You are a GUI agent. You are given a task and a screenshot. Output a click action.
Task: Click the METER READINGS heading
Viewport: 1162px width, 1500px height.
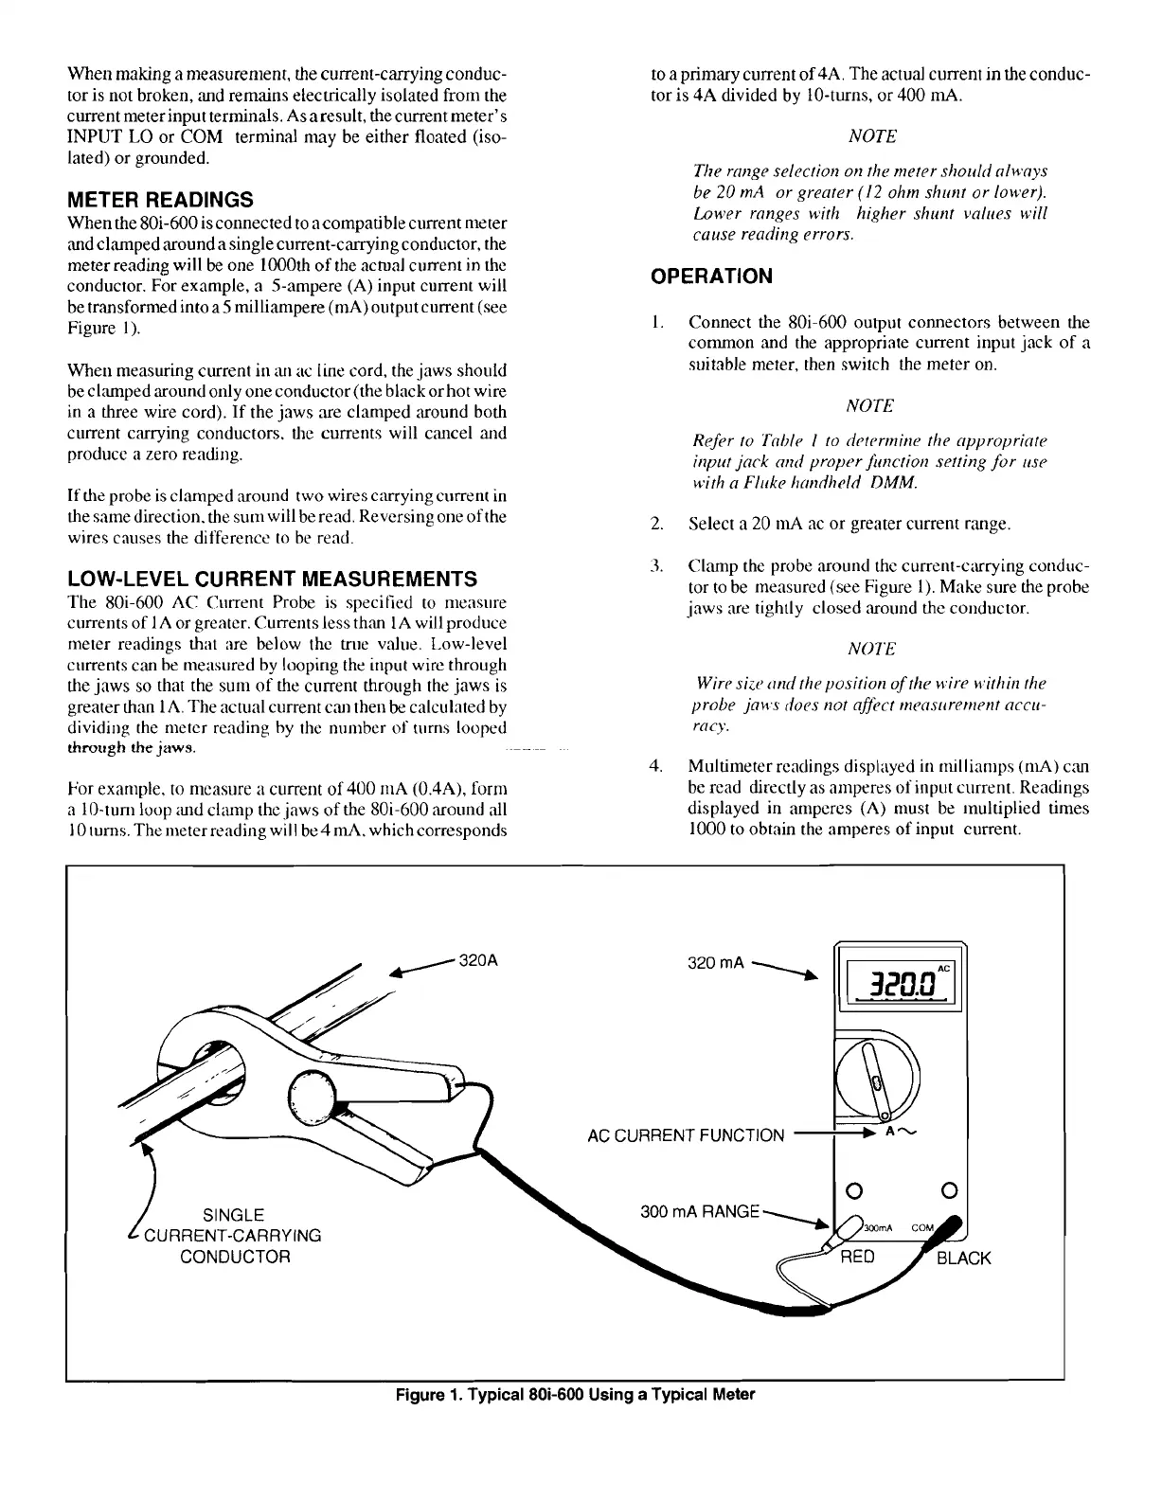point(160,200)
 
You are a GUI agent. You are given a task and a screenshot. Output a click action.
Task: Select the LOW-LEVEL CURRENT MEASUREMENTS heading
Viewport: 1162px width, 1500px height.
point(273,580)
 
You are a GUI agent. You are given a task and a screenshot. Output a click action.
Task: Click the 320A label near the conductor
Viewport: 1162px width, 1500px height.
point(478,958)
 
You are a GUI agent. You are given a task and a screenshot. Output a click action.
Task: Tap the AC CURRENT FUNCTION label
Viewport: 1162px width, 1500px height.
point(686,1135)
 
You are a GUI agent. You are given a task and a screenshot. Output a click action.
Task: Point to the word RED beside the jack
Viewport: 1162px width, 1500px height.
point(859,1257)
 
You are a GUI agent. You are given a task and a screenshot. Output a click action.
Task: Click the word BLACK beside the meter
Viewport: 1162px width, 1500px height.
point(963,1258)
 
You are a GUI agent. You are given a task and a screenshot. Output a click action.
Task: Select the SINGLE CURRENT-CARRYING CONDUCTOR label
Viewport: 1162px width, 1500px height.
point(234,1235)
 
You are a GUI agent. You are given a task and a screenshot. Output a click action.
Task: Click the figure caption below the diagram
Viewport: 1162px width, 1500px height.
point(576,1394)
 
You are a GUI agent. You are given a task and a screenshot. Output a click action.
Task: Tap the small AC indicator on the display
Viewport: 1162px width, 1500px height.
point(943,968)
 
